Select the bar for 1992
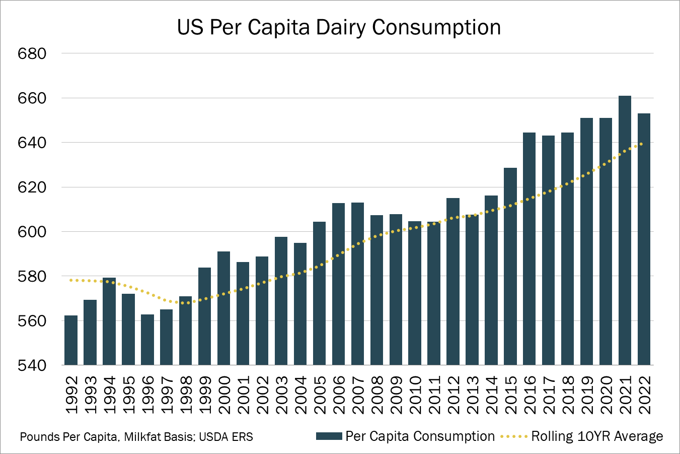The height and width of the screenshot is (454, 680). point(71,340)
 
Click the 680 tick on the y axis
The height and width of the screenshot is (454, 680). point(32,53)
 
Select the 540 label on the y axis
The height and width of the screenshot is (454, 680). point(32,365)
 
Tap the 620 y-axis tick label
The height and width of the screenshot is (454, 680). point(32,187)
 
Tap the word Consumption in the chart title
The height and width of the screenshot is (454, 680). point(436,28)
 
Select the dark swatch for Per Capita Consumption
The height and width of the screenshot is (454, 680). point(329,436)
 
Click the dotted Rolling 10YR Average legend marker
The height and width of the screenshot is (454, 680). point(514,436)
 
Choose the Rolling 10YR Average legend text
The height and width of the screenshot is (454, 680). point(597,436)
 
